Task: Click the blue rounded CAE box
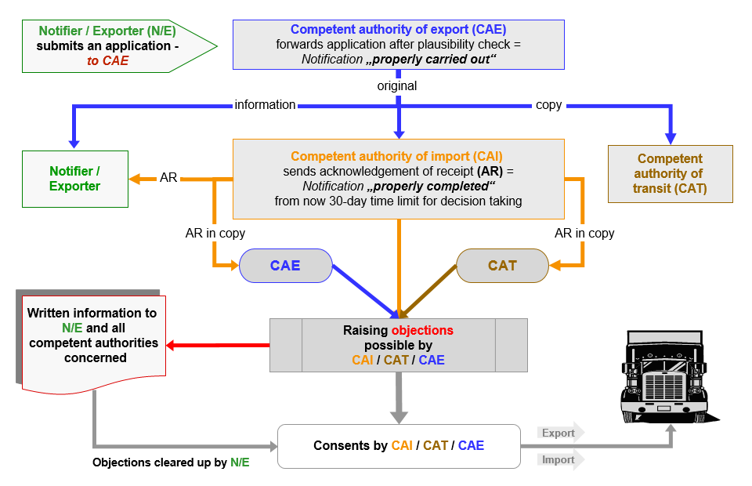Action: point(285,266)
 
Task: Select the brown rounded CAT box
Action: point(502,266)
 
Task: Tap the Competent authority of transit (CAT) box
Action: point(670,174)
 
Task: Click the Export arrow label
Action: point(559,433)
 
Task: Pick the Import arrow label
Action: point(559,460)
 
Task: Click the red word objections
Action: point(422,330)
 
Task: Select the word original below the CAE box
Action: point(397,85)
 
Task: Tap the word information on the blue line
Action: point(265,104)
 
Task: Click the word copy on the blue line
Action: point(548,104)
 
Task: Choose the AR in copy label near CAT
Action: point(584,233)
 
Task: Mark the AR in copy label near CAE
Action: point(215,233)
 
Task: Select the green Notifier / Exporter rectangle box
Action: point(75,179)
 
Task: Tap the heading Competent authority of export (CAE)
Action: point(398,30)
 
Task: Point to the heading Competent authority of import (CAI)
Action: point(396,156)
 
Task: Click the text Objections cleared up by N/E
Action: point(171,462)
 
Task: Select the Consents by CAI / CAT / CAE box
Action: point(399,446)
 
